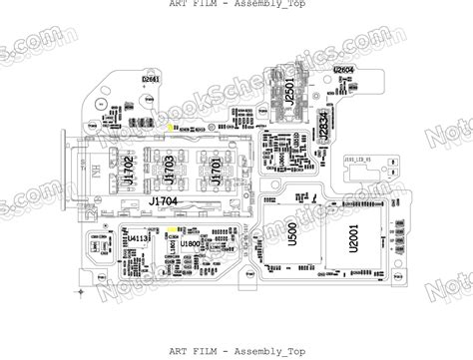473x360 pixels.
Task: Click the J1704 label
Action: pyautogui.click(x=164, y=201)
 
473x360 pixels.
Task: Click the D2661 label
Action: pyautogui.click(x=151, y=78)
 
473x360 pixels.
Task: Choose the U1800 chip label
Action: pyautogui.click(x=190, y=242)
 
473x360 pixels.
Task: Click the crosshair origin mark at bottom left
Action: pyautogui.click(x=81, y=291)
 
